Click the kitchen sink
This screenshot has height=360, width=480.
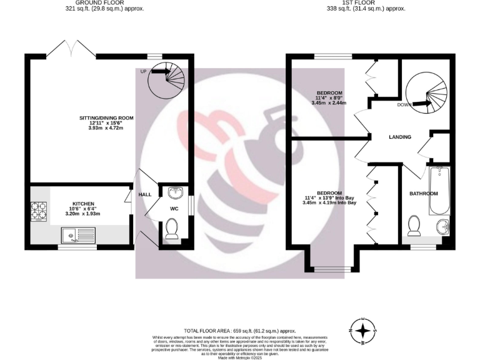click(x=78, y=236)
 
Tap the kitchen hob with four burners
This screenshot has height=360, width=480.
click(x=38, y=212)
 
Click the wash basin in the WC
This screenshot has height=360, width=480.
click(x=175, y=191)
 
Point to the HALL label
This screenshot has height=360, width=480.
click(x=145, y=194)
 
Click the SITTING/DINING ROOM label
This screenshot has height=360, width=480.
click(x=106, y=117)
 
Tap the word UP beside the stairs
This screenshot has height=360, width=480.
click(x=143, y=72)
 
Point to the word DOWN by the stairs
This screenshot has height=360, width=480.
click(x=405, y=105)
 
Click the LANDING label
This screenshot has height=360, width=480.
click(x=399, y=137)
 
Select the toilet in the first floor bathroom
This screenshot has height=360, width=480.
click(x=414, y=225)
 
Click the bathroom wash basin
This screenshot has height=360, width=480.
click(x=442, y=226)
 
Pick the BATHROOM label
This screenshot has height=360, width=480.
click(x=423, y=194)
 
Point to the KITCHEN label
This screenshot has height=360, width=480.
click(x=83, y=204)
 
